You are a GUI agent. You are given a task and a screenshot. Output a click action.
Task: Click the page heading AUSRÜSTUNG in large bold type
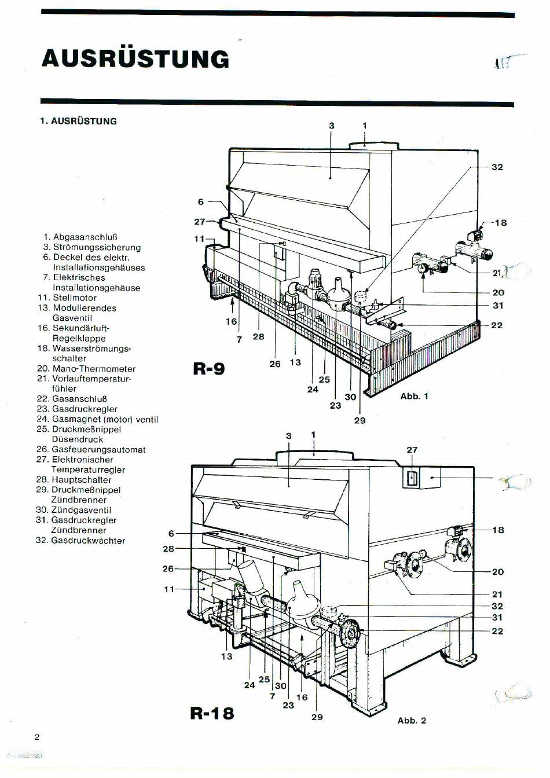[135, 58]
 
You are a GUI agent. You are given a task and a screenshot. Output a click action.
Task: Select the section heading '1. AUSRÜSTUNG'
[79, 121]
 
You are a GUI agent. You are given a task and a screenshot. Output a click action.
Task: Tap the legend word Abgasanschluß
[85, 237]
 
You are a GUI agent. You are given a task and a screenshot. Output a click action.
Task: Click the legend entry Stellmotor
[74, 298]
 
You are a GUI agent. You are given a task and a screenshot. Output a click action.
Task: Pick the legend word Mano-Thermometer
[94, 369]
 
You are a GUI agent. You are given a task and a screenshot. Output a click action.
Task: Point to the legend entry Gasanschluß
[79, 399]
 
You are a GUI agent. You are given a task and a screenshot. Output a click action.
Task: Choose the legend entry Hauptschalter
[82, 480]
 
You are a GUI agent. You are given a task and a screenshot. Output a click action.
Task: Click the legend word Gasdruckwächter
[88, 541]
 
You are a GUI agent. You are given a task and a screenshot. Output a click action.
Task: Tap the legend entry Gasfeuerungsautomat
[98, 449]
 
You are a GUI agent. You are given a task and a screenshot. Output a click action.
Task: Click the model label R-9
[209, 368]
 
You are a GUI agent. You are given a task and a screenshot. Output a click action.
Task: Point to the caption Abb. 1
[414, 397]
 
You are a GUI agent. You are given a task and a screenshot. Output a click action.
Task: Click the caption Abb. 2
[412, 720]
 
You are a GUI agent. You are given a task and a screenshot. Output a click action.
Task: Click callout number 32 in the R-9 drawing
[497, 167]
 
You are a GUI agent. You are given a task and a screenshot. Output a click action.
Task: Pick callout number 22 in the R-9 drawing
[497, 325]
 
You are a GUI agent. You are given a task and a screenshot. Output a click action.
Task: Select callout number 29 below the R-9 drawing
[360, 420]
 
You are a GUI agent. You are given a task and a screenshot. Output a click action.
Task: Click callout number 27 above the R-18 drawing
[412, 450]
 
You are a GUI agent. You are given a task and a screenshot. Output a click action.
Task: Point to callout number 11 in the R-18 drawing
[169, 589]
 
